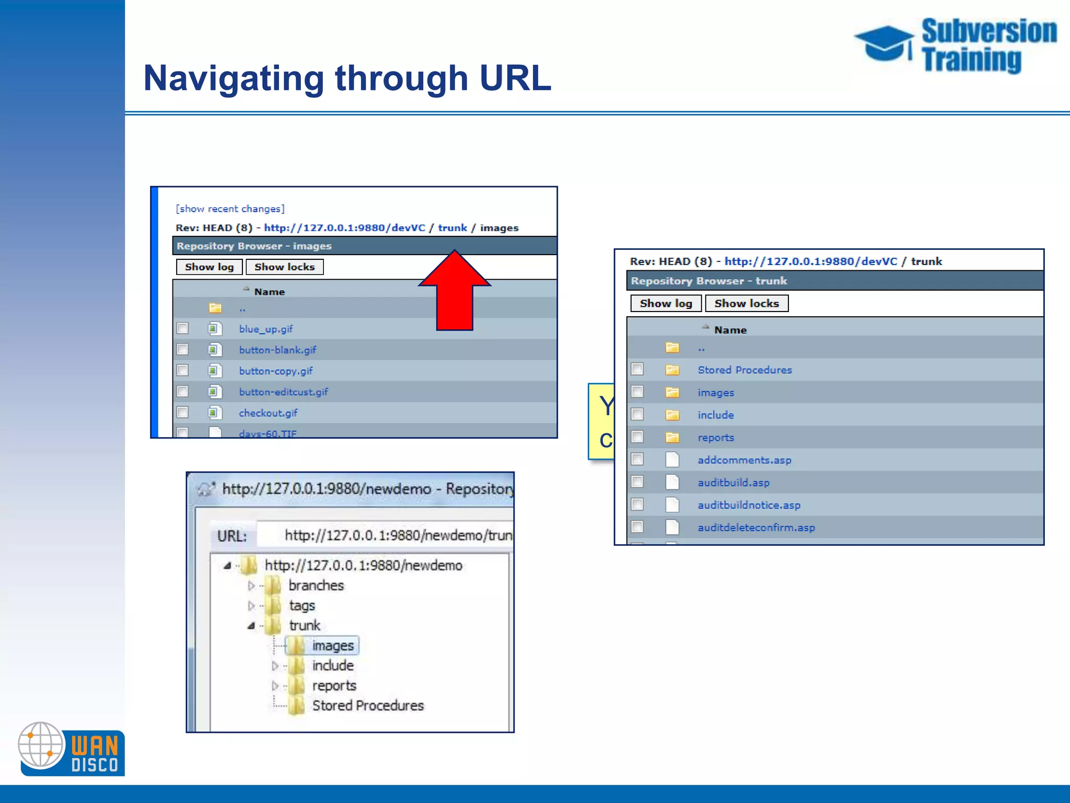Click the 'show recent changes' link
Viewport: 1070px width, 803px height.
pos(230,209)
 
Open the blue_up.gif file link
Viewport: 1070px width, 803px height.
pos(265,329)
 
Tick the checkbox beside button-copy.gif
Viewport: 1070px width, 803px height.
pos(182,370)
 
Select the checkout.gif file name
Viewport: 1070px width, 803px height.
pos(268,413)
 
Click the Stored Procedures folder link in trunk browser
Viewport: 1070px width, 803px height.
pos(745,370)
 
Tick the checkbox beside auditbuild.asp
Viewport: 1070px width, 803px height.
pos(637,481)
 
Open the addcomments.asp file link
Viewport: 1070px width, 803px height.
pos(744,460)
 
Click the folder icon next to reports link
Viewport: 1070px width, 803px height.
pos(672,438)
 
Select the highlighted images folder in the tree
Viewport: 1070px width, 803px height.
pos(332,646)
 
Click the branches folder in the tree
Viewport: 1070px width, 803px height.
pos(316,586)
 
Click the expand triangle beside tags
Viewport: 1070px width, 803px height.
pos(251,605)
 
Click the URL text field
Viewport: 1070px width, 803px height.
pos(387,535)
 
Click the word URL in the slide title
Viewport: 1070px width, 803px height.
pos(515,78)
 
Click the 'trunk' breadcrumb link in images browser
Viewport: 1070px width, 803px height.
pos(452,228)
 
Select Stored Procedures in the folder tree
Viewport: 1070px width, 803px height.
pos(367,706)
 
